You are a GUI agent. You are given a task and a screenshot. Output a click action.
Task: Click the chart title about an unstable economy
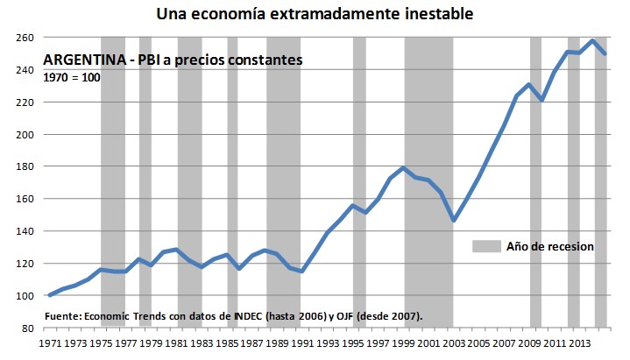[315, 13]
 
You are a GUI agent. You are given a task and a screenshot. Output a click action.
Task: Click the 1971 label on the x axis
[48, 343]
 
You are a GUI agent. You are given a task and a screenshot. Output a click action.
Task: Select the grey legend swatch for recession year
[485, 246]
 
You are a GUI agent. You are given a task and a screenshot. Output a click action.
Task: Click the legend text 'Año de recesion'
[549, 246]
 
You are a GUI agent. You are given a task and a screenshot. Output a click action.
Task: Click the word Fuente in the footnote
[63, 315]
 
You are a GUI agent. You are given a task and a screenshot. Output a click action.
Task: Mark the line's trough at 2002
[454, 221]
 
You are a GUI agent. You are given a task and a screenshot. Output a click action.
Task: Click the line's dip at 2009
[542, 100]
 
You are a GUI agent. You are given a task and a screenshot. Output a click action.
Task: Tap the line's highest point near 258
[593, 40]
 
